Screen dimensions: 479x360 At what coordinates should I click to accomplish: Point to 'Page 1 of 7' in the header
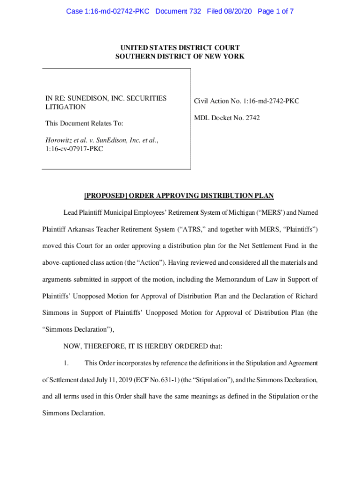(x=275, y=11)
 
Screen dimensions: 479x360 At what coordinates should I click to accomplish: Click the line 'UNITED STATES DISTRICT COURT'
(x=180, y=48)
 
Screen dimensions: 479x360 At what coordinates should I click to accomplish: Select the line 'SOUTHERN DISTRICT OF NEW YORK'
(x=180, y=57)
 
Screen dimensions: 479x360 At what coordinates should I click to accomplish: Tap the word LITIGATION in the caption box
(x=65, y=107)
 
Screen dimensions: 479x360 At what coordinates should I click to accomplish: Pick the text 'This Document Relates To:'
(x=84, y=123)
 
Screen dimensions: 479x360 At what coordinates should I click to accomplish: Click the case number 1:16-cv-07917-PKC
(x=74, y=149)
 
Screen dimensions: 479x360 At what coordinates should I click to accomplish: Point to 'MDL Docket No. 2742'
(x=227, y=118)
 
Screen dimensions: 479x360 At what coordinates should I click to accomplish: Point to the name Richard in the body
(x=306, y=296)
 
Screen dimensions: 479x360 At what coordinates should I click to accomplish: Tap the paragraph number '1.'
(x=66, y=363)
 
